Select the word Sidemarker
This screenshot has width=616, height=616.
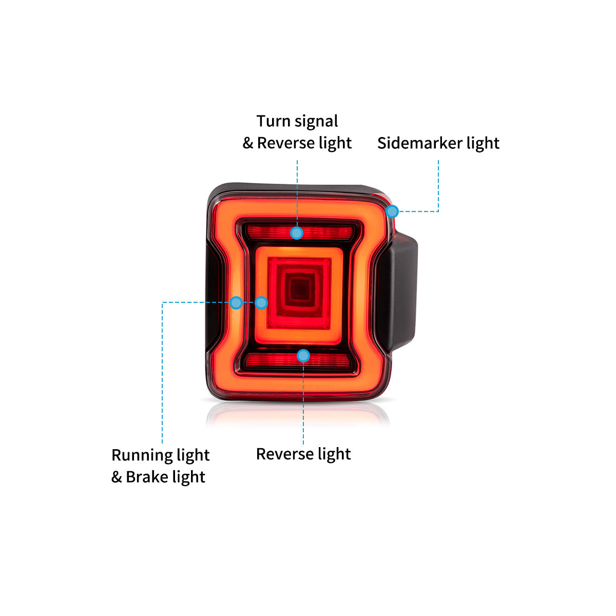[x=420, y=143]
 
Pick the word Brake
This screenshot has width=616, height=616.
[x=147, y=477]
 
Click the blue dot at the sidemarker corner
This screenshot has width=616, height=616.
[x=392, y=211]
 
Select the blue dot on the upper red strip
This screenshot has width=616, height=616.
[x=297, y=233]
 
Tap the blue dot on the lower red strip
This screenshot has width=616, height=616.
[x=303, y=355]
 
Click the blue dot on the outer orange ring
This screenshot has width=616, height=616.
[x=236, y=302]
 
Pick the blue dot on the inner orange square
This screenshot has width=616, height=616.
[x=261, y=303]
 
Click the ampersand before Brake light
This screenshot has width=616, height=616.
[x=117, y=477]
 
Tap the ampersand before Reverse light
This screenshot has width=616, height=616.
[x=248, y=143]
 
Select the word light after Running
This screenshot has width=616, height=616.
[x=194, y=455]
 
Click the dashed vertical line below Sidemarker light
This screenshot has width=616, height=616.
[x=438, y=186]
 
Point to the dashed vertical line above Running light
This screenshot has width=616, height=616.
[x=162, y=372]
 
